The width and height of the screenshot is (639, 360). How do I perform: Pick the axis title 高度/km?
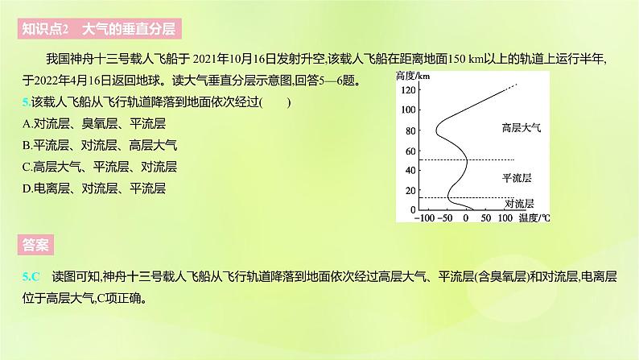pyautogui.click(x=414, y=75)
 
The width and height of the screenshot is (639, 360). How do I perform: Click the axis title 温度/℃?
pyautogui.click(x=534, y=218)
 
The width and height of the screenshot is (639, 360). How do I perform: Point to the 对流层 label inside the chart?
pyautogui.click(x=519, y=204)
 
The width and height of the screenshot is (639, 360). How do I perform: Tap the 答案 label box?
pyautogui.click(x=35, y=245)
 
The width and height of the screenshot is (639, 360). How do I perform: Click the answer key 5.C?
pyautogui.click(x=31, y=275)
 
